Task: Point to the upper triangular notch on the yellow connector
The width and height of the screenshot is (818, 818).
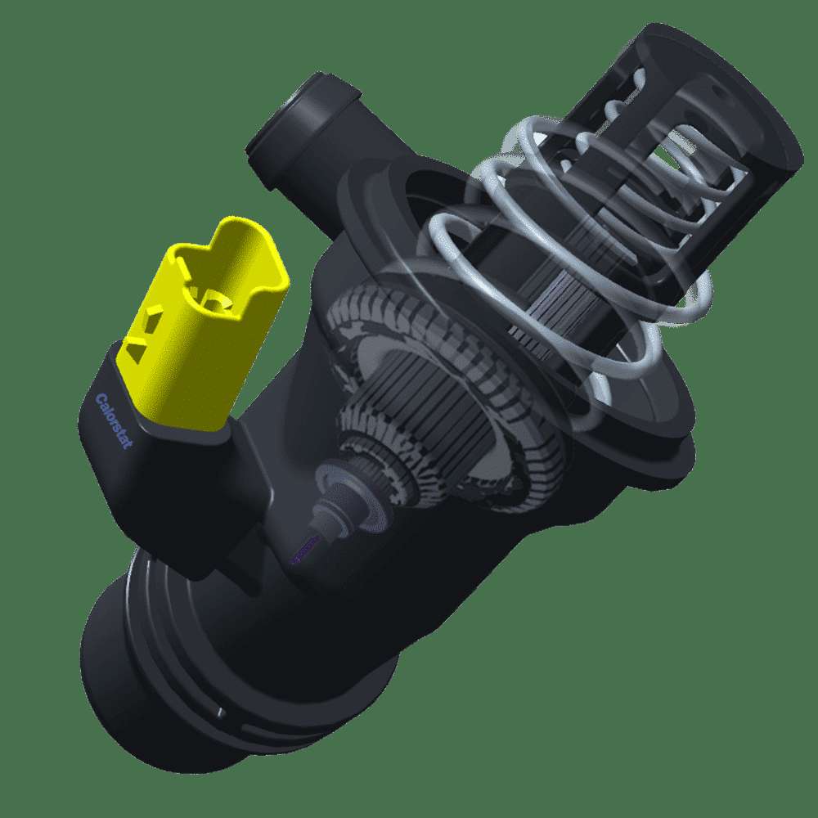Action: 154,317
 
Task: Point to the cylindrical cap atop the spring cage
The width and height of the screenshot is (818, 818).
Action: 722,99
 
